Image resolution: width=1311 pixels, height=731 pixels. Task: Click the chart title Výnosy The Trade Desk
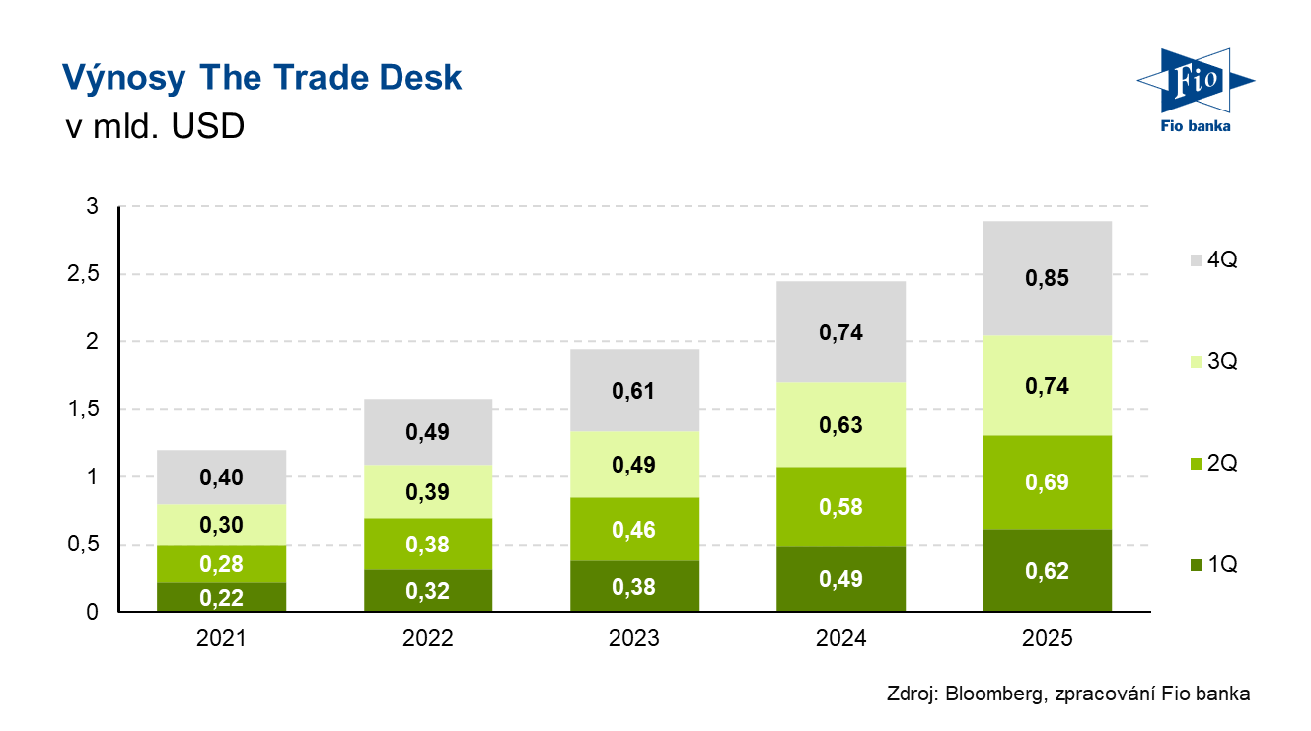click(261, 78)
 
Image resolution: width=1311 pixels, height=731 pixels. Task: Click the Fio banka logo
click(1195, 89)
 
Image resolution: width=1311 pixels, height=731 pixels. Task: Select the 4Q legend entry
click(1213, 260)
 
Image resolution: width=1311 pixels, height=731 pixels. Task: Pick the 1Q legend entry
click(1213, 565)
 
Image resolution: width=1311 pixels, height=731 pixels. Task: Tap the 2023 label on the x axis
click(634, 638)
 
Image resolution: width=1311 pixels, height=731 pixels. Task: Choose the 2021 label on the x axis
click(221, 638)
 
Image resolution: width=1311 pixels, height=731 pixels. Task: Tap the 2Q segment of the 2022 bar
click(427, 545)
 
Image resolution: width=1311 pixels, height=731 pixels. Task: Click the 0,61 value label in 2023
click(634, 392)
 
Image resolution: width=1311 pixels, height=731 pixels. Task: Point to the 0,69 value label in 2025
click(1047, 483)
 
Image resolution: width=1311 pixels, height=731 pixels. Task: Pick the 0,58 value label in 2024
click(840, 507)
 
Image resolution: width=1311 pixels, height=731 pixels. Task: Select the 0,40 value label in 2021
click(221, 477)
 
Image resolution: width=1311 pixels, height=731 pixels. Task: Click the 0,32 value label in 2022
click(427, 592)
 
